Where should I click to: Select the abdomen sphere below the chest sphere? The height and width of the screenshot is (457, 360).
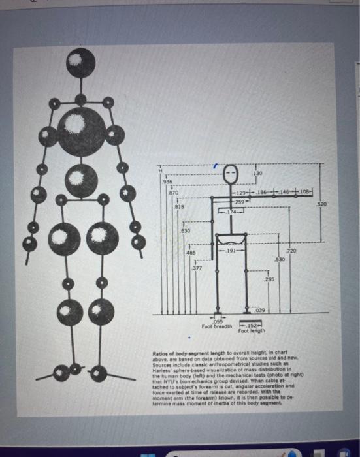(80, 178)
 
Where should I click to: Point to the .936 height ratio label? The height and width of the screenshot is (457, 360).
(167, 181)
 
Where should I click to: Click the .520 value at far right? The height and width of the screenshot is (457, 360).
(338, 204)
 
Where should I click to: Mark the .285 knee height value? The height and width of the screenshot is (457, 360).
(269, 279)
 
